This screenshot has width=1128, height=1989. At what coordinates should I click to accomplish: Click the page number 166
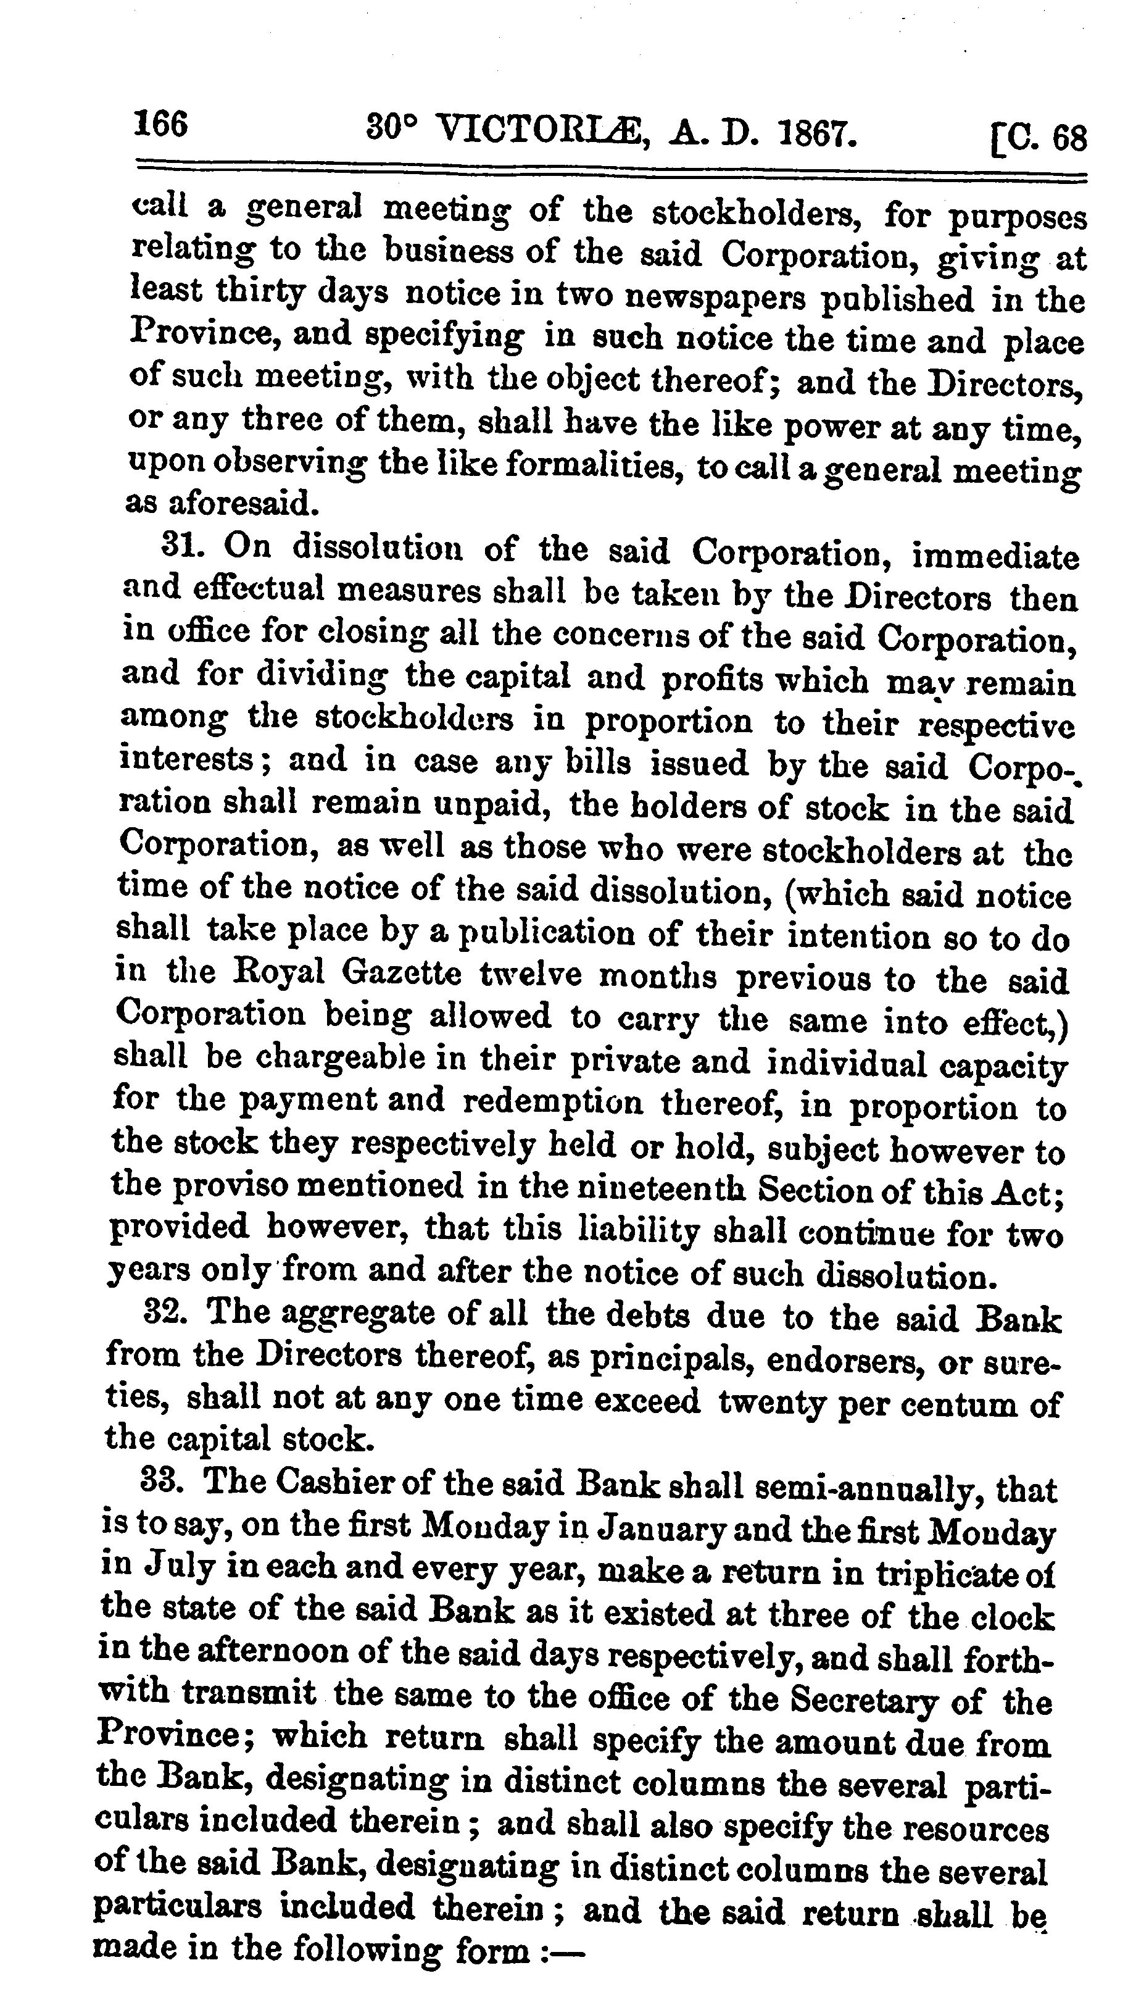pos(160,124)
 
